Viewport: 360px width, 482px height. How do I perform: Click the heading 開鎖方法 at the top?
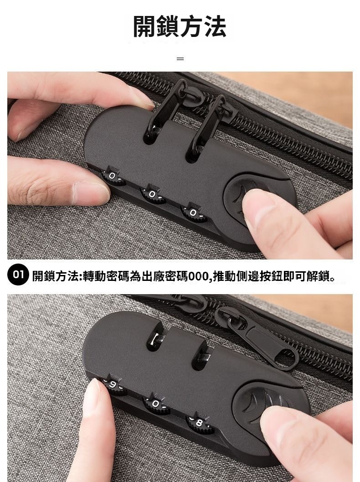(x=180, y=26)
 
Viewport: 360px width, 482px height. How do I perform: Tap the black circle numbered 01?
(x=18, y=275)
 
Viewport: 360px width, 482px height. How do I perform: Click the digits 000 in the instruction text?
(x=199, y=276)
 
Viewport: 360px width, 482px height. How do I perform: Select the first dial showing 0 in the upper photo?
(x=113, y=176)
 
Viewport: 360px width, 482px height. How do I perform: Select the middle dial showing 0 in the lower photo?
(x=156, y=404)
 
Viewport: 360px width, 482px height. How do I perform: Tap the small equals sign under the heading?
(x=180, y=58)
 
